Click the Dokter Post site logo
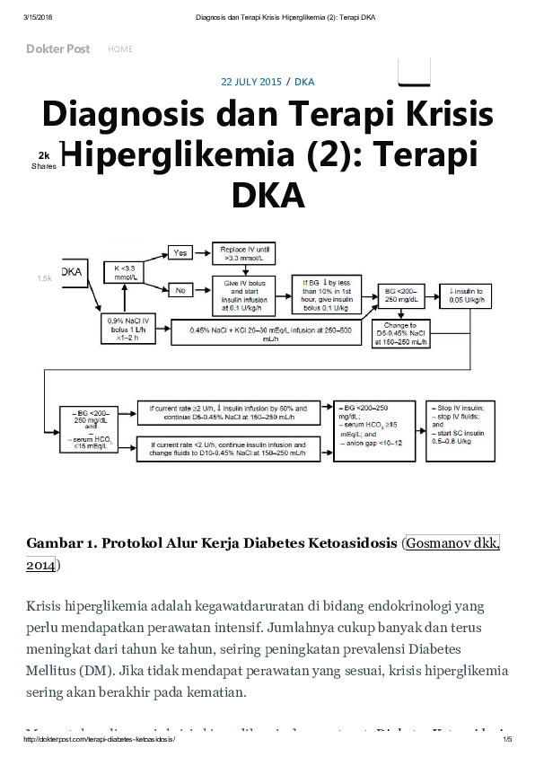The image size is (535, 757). (x=57, y=49)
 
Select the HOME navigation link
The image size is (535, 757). (x=120, y=49)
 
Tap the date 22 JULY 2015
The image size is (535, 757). (x=251, y=82)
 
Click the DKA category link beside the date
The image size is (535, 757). (x=304, y=82)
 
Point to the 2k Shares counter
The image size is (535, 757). (x=43, y=160)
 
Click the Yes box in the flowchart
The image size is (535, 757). (x=181, y=252)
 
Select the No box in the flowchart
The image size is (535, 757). (x=181, y=289)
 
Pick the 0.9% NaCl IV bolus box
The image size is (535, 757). (x=127, y=328)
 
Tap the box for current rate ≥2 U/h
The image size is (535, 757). (x=228, y=412)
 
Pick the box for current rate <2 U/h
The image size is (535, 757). (x=228, y=448)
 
